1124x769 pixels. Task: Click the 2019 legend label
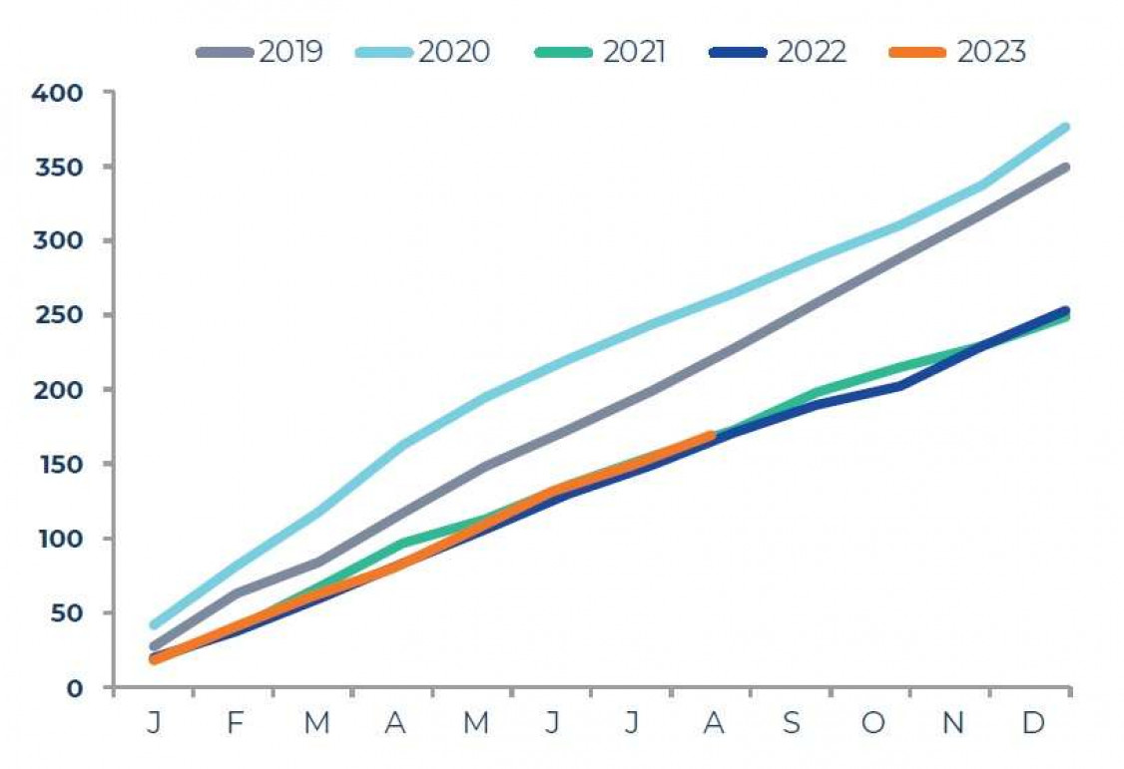(290, 52)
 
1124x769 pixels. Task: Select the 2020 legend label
(454, 52)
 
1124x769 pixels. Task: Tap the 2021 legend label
(633, 52)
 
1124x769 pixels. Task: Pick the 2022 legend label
(812, 52)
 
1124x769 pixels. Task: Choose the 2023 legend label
(990, 52)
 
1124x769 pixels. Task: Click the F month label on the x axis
(234, 723)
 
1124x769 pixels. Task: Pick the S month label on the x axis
(792, 723)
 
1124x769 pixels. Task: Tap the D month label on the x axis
(1032, 723)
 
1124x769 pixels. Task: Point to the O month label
(872, 723)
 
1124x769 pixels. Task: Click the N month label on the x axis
(952, 723)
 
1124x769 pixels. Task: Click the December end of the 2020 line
(1066, 128)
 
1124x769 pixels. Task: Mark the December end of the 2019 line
(1066, 168)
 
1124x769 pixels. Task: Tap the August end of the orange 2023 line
(711, 435)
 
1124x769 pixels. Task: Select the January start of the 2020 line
(154, 625)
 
